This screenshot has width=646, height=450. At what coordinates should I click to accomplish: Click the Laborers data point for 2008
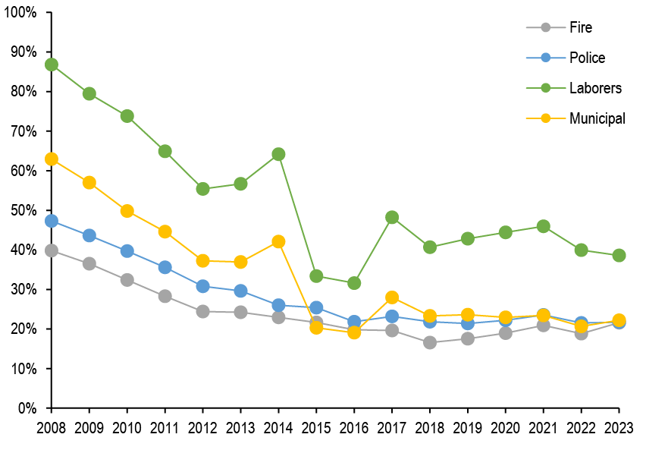coord(52,65)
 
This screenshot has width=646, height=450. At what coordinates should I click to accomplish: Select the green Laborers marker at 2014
coord(278,154)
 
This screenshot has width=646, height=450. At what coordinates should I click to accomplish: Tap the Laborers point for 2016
coord(354,283)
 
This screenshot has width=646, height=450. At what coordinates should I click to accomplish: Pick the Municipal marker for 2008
coord(52,159)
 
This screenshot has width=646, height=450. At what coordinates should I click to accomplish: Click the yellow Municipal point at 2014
coord(278,241)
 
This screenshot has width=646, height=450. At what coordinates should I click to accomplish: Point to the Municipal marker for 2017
coord(392,297)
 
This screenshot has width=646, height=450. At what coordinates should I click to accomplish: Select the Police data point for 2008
coord(52,221)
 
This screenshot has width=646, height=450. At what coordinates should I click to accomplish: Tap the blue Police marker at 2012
coord(203,286)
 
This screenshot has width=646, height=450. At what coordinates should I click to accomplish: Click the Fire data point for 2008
coord(52,250)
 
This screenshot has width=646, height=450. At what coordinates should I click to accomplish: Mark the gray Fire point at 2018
coord(430,342)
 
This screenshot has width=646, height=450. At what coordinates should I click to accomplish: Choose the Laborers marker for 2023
coord(619,255)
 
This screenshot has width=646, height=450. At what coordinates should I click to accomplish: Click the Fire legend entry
coord(580,28)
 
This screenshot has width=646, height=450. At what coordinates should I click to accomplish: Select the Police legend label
coord(587,58)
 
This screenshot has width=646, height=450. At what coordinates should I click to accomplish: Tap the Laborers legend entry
coord(594,88)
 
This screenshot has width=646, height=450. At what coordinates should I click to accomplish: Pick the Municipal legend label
coord(597,118)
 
